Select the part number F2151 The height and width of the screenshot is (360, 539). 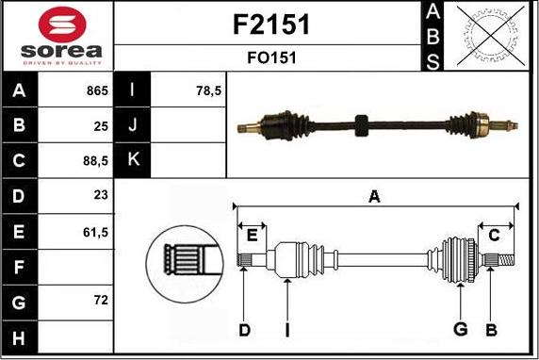click(x=271, y=25)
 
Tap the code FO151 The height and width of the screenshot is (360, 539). click(x=271, y=57)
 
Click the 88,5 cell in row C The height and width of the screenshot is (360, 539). click(x=96, y=160)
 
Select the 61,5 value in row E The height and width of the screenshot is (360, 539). click(x=96, y=230)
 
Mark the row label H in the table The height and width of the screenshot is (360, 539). click(x=19, y=335)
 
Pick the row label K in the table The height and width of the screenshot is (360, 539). click(x=132, y=160)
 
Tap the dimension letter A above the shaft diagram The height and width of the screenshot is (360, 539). click(x=374, y=196)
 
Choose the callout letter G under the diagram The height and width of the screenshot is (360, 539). click(x=461, y=329)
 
